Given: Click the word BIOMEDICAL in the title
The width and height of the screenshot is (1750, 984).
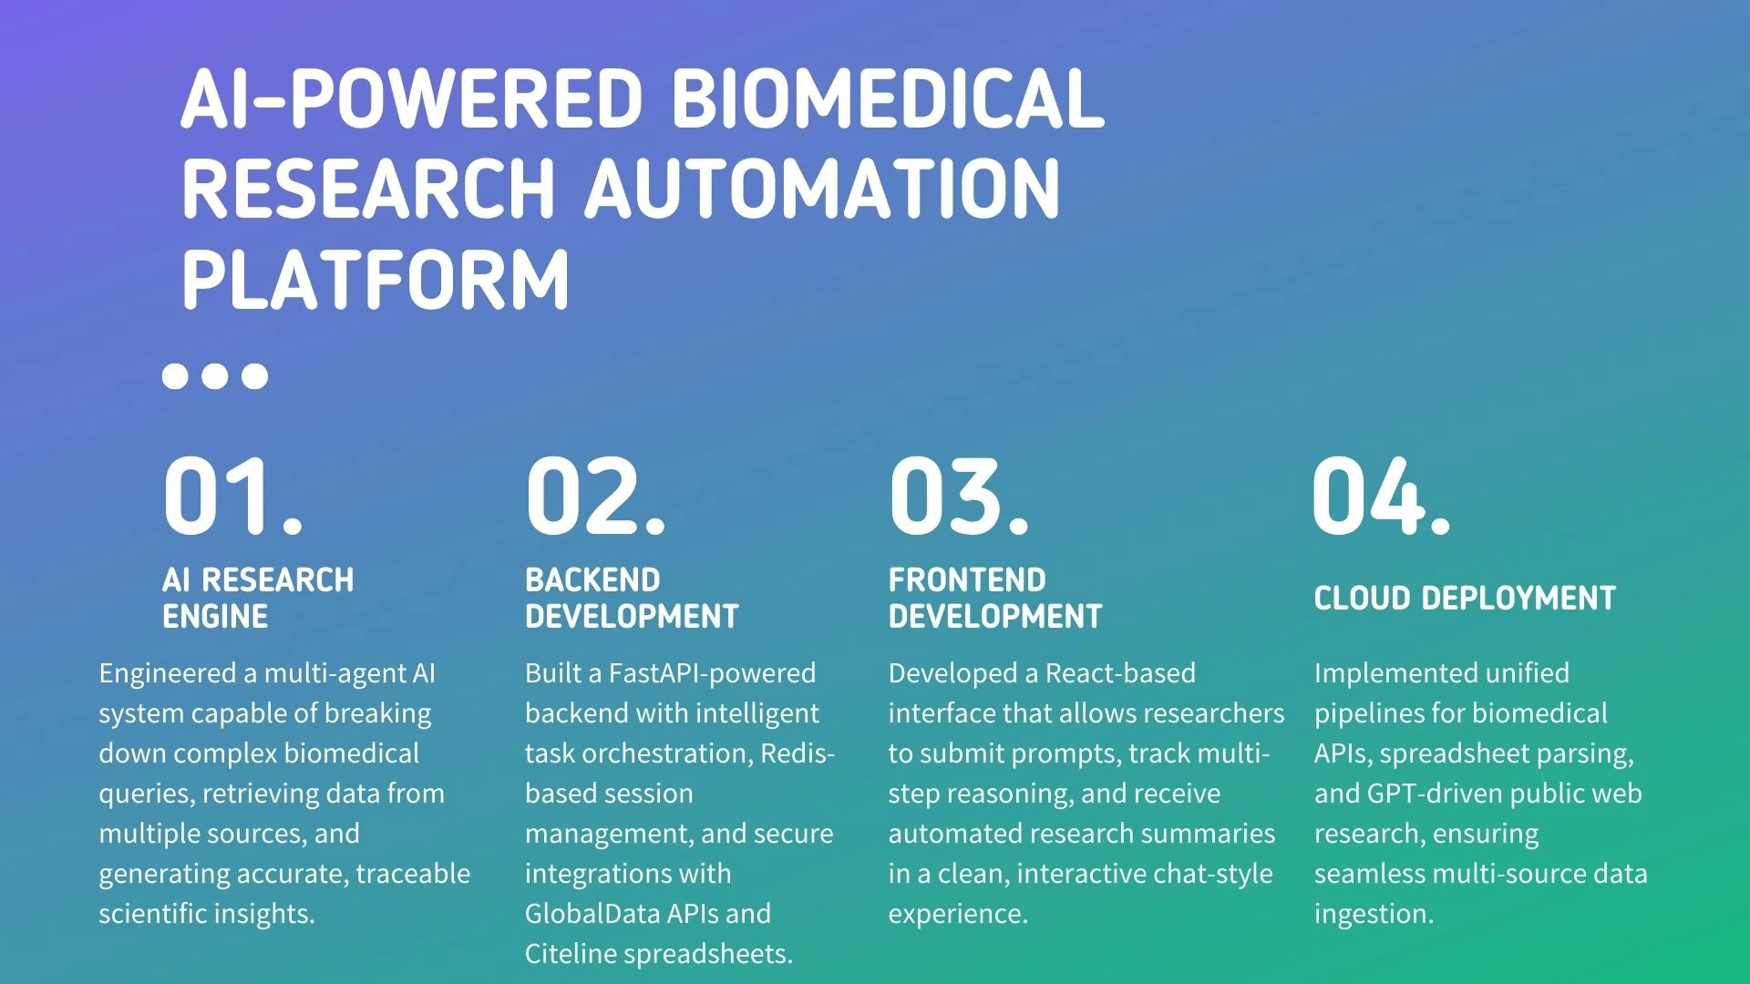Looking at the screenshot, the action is (x=887, y=98).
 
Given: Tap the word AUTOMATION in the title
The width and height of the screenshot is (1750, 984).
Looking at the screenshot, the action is (x=823, y=189).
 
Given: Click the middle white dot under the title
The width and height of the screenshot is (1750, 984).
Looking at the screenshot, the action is (x=215, y=375).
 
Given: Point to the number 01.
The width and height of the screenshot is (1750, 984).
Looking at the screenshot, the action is (x=232, y=496).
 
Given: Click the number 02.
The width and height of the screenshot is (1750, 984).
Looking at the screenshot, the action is (x=595, y=496).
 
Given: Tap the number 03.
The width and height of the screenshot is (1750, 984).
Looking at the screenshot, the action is (x=959, y=496).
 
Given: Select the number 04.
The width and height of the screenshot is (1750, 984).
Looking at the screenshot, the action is (x=1381, y=496).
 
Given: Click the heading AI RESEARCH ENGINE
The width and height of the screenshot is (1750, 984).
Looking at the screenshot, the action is (x=258, y=598).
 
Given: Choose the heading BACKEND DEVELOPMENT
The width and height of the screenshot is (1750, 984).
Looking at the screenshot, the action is (x=632, y=598).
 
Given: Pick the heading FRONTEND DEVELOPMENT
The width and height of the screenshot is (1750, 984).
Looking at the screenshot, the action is (x=995, y=598).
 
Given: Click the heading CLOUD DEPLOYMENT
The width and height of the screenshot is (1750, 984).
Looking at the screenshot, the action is (x=1465, y=599).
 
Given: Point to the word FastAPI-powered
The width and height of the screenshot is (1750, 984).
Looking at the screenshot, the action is (x=712, y=673).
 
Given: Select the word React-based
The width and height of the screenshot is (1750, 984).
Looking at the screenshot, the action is (x=1120, y=673).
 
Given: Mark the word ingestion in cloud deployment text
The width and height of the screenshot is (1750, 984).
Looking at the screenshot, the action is (x=1374, y=914).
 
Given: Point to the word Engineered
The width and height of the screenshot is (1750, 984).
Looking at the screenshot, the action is (x=168, y=674).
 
